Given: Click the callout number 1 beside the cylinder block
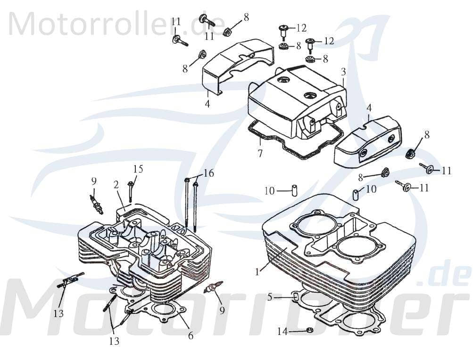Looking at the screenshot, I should click(257, 272).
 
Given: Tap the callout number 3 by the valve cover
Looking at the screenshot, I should click(343, 72).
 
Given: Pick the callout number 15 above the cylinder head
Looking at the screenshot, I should click(137, 169).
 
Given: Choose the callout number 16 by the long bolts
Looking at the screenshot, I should click(208, 173).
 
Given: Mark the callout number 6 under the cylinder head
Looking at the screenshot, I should click(191, 335).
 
